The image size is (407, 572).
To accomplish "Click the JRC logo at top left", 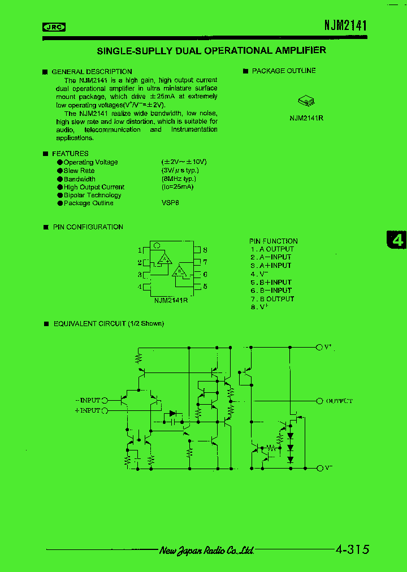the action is point(54,27).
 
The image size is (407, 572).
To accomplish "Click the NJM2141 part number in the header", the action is point(345,25).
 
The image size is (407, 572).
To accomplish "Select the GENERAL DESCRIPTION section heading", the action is point(92,72).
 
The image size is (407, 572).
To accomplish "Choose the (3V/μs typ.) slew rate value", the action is point(180,170).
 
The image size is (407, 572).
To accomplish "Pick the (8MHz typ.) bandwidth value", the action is point(178,179).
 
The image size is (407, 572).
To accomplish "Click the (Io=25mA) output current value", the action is point(177,187).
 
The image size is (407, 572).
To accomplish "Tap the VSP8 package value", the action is point(170,203).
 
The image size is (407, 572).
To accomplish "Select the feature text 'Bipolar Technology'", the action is point(92,195).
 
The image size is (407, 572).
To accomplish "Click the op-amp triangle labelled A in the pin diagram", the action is point(164,259).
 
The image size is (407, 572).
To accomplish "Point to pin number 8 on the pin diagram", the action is point(205,250).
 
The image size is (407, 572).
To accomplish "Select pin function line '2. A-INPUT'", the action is point(271,257).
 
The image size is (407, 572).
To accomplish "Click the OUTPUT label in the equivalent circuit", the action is point(339,401).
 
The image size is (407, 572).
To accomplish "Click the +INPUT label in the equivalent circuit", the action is point(87,410).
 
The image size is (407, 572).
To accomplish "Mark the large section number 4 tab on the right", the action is point(397,240).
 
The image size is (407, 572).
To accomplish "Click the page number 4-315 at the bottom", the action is point(352,549).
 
